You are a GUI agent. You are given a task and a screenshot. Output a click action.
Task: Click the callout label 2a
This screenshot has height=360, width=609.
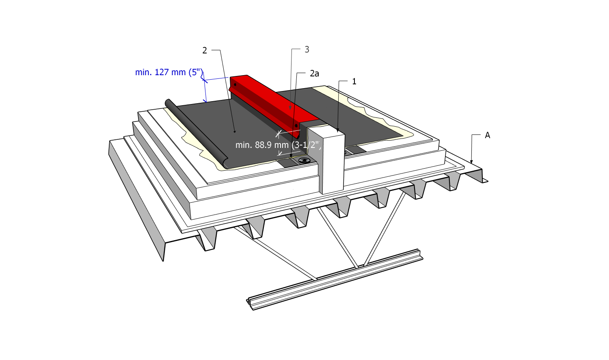coord(314,74)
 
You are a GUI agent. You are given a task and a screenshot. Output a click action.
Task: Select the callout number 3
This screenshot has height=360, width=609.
coord(307,50)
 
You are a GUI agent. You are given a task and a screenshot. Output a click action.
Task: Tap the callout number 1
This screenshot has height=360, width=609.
coord(354,81)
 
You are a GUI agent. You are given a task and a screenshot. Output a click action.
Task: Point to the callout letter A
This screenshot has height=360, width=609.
coord(487,135)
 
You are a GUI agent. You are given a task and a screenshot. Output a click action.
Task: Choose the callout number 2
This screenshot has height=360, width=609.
coord(205,50)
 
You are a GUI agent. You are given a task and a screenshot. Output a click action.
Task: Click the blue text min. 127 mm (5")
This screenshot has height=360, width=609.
coord(169,72)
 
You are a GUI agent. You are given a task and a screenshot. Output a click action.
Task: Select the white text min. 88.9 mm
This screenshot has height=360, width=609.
coord(262,145)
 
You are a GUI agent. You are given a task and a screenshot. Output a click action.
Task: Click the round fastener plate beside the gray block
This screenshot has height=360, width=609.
coord(304,160)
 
